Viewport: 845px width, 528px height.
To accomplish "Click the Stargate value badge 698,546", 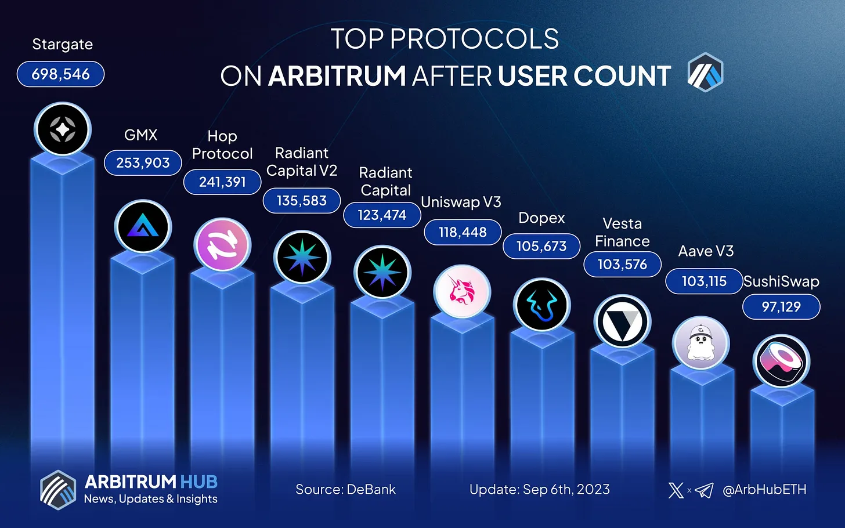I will coord(61,74).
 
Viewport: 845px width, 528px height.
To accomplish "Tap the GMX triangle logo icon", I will coord(143,227).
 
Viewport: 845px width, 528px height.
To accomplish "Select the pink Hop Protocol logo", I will coord(222,245).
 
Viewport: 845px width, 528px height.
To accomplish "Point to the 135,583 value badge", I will coord(302,201).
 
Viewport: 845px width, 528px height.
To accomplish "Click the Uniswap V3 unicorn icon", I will coord(462,291).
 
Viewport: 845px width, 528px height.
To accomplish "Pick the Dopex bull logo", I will coord(542,305).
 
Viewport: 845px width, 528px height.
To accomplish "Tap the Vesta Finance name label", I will coord(622,232).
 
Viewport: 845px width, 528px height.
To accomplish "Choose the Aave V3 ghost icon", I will coord(701,343).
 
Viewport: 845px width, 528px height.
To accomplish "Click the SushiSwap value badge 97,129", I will coord(781,307).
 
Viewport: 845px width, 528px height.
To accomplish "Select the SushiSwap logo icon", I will coord(781,361).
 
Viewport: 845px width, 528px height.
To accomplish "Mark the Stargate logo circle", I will coord(63,129).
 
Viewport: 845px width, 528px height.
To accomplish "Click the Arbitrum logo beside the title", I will coord(705,73).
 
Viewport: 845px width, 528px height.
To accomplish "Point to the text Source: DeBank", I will coord(346,490).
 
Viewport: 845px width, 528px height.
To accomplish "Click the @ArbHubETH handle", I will coord(764,490).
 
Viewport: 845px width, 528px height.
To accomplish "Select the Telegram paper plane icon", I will coord(704,490).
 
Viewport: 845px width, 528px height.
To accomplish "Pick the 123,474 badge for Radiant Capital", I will coord(382,215).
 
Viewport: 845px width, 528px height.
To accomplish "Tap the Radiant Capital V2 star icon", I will coord(302,258).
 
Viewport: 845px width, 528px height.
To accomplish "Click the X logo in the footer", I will coord(676,490).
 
